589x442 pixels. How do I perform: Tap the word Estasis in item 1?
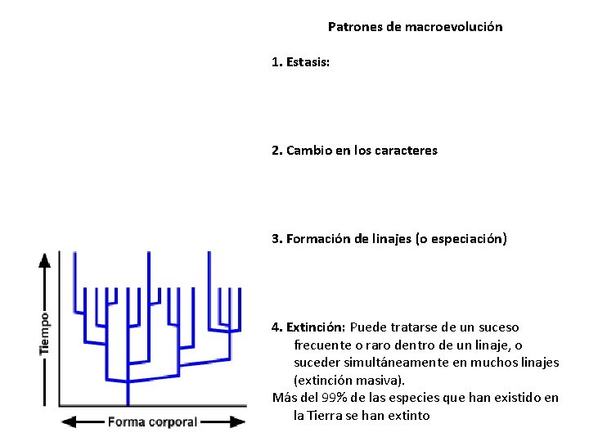coord(308,62)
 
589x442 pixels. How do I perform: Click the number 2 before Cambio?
coord(277,151)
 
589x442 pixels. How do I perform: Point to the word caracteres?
coord(409,151)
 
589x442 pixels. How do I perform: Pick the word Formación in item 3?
coord(316,239)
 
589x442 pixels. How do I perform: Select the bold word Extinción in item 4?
coord(316,327)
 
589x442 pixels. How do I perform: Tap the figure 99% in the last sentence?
coord(334,398)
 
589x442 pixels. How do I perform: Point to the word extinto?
coord(407,416)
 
